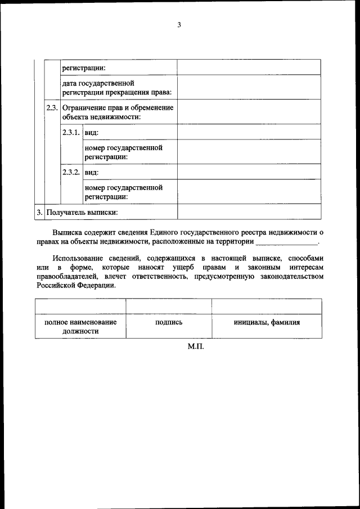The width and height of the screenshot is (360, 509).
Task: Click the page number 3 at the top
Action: pos(179,25)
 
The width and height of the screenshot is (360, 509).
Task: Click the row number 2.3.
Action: pos(52,107)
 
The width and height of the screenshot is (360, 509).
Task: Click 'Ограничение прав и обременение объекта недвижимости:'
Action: pos(118,111)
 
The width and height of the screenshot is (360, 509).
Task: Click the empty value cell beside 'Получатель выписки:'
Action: pos(249,211)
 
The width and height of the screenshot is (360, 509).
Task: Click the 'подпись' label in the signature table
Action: pos(169,322)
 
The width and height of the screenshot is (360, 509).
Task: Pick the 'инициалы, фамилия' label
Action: pos(267,322)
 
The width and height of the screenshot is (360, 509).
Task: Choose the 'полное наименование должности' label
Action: pos(80,327)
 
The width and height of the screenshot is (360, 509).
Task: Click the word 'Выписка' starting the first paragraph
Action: pos(68,232)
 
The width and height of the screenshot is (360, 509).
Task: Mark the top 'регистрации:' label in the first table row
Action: pos(84,67)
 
